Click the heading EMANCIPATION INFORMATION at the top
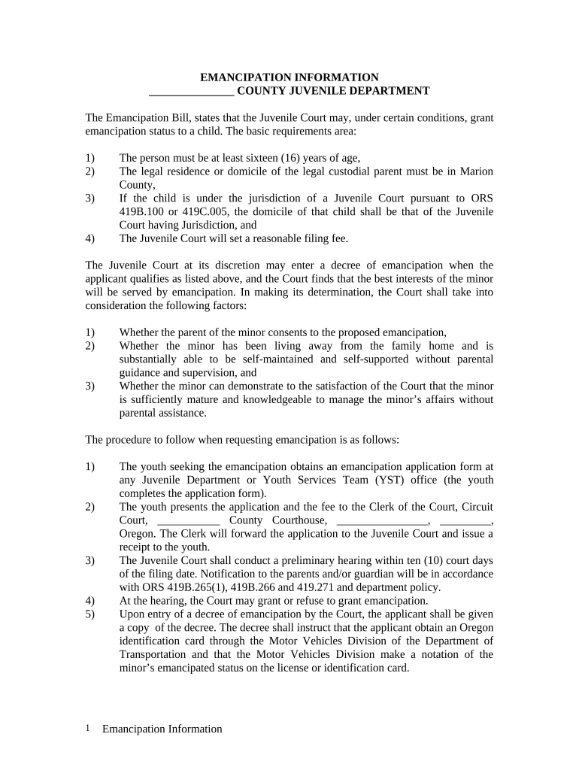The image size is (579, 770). [x=289, y=77]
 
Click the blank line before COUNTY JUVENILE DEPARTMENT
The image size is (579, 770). [x=192, y=92]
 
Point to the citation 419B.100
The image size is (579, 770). [x=144, y=212]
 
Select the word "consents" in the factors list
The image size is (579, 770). [x=305, y=332]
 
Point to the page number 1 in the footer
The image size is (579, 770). [x=88, y=728]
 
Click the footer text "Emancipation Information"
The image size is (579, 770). [x=162, y=729]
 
